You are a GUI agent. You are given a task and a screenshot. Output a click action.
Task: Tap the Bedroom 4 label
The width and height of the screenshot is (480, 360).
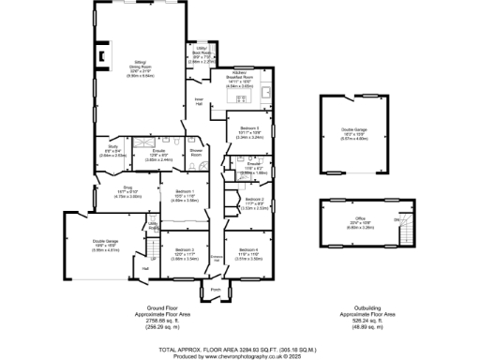[x=249, y=251]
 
